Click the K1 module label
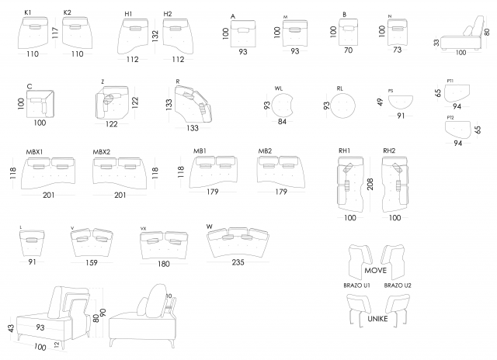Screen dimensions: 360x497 point(27,13)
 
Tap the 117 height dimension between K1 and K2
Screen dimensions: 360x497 point(55,34)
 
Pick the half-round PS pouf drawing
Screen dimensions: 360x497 point(400,101)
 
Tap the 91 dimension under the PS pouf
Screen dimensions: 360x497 point(401,116)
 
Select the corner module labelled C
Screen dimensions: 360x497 point(40,102)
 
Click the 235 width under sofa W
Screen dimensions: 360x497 point(238,262)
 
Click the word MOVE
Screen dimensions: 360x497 point(375,272)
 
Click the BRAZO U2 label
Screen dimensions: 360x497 point(398,285)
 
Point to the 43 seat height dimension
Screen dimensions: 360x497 point(10,329)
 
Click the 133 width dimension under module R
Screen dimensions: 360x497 point(192,128)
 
